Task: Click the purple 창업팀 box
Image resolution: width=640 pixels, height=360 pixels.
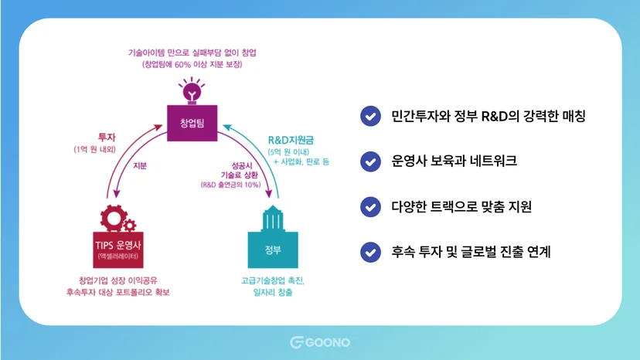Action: click(192, 123)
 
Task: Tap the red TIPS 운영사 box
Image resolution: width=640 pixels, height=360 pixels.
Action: click(118, 250)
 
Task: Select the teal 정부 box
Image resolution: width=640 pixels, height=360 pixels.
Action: click(273, 250)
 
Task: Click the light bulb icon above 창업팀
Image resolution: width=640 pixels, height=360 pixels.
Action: click(192, 90)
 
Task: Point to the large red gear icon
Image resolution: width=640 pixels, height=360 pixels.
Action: click(113, 219)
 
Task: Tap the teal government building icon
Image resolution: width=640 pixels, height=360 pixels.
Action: click(273, 219)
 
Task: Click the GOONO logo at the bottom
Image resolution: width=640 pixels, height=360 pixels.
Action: click(320, 342)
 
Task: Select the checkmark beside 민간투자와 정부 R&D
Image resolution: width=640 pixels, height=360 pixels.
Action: click(370, 116)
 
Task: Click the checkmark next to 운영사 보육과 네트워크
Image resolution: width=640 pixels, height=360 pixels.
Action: click(370, 161)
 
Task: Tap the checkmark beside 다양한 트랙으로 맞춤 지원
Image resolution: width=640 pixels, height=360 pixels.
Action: click(370, 206)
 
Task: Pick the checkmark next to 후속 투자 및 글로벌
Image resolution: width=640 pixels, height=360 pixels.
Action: click(370, 252)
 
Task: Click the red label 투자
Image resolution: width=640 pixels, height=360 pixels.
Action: click(107, 138)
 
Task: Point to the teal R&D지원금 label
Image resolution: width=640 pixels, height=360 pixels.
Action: click(291, 140)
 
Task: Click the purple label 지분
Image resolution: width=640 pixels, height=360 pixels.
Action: click(140, 166)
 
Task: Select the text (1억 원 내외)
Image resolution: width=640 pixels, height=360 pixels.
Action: click(95, 149)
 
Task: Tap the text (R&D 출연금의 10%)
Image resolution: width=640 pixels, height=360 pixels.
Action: click(230, 185)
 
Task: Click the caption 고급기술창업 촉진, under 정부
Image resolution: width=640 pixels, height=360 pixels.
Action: click(273, 281)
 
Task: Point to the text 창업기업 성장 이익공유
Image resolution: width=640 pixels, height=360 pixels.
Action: click(118, 280)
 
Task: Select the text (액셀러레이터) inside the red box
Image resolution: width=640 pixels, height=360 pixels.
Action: click(118, 256)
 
